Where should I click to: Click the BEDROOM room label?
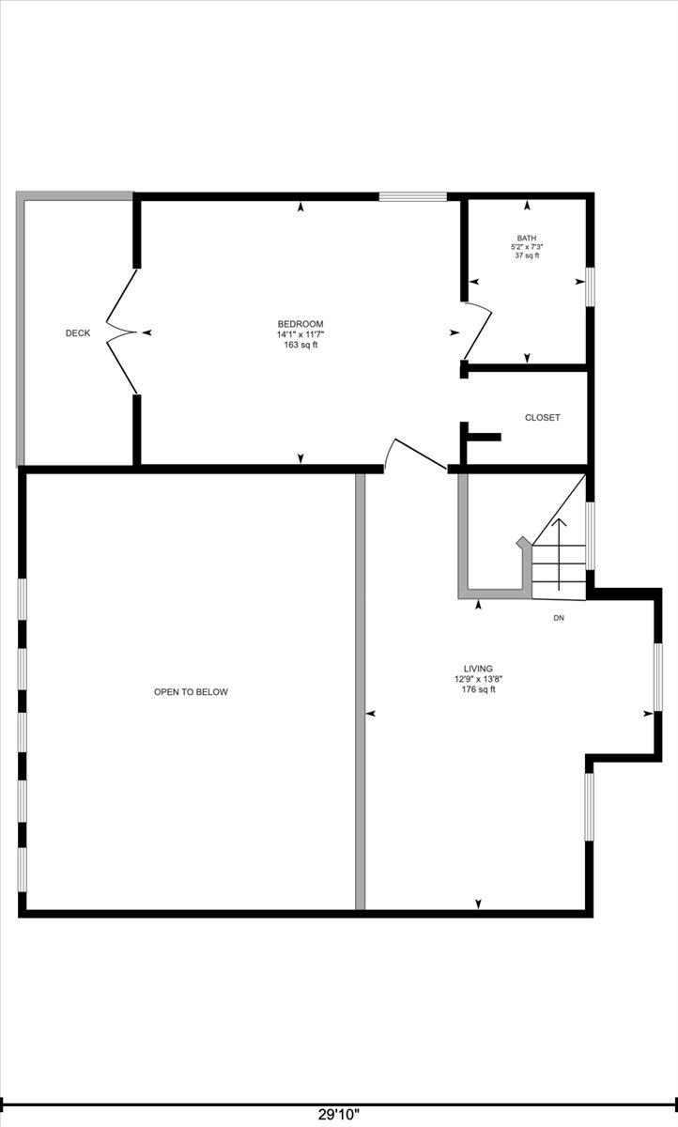click(x=300, y=324)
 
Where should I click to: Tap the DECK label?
click(x=78, y=333)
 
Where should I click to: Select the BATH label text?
click(x=527, y=238)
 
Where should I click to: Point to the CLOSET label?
click(x=542, y=418)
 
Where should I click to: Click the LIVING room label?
click(x=478, y=669)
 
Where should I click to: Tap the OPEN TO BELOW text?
click(x=192, y=692)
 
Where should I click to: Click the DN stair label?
click(x=559, y=618)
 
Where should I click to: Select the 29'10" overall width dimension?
click(x=339, y=1114)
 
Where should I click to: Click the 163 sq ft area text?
click(x=300, y=346)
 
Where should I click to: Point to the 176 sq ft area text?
click(x=478, y=689)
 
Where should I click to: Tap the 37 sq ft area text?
click(x=527, y=255)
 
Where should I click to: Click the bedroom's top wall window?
click(x=413, y=196)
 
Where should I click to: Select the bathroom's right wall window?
click(x=591, y=286)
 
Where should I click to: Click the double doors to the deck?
click(x=121, y=332)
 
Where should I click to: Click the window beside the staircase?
click(x=591, y=535)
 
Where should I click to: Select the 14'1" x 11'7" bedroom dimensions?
click(x=300, y=334)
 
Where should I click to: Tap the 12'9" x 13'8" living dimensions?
click(x=479, y=679)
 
